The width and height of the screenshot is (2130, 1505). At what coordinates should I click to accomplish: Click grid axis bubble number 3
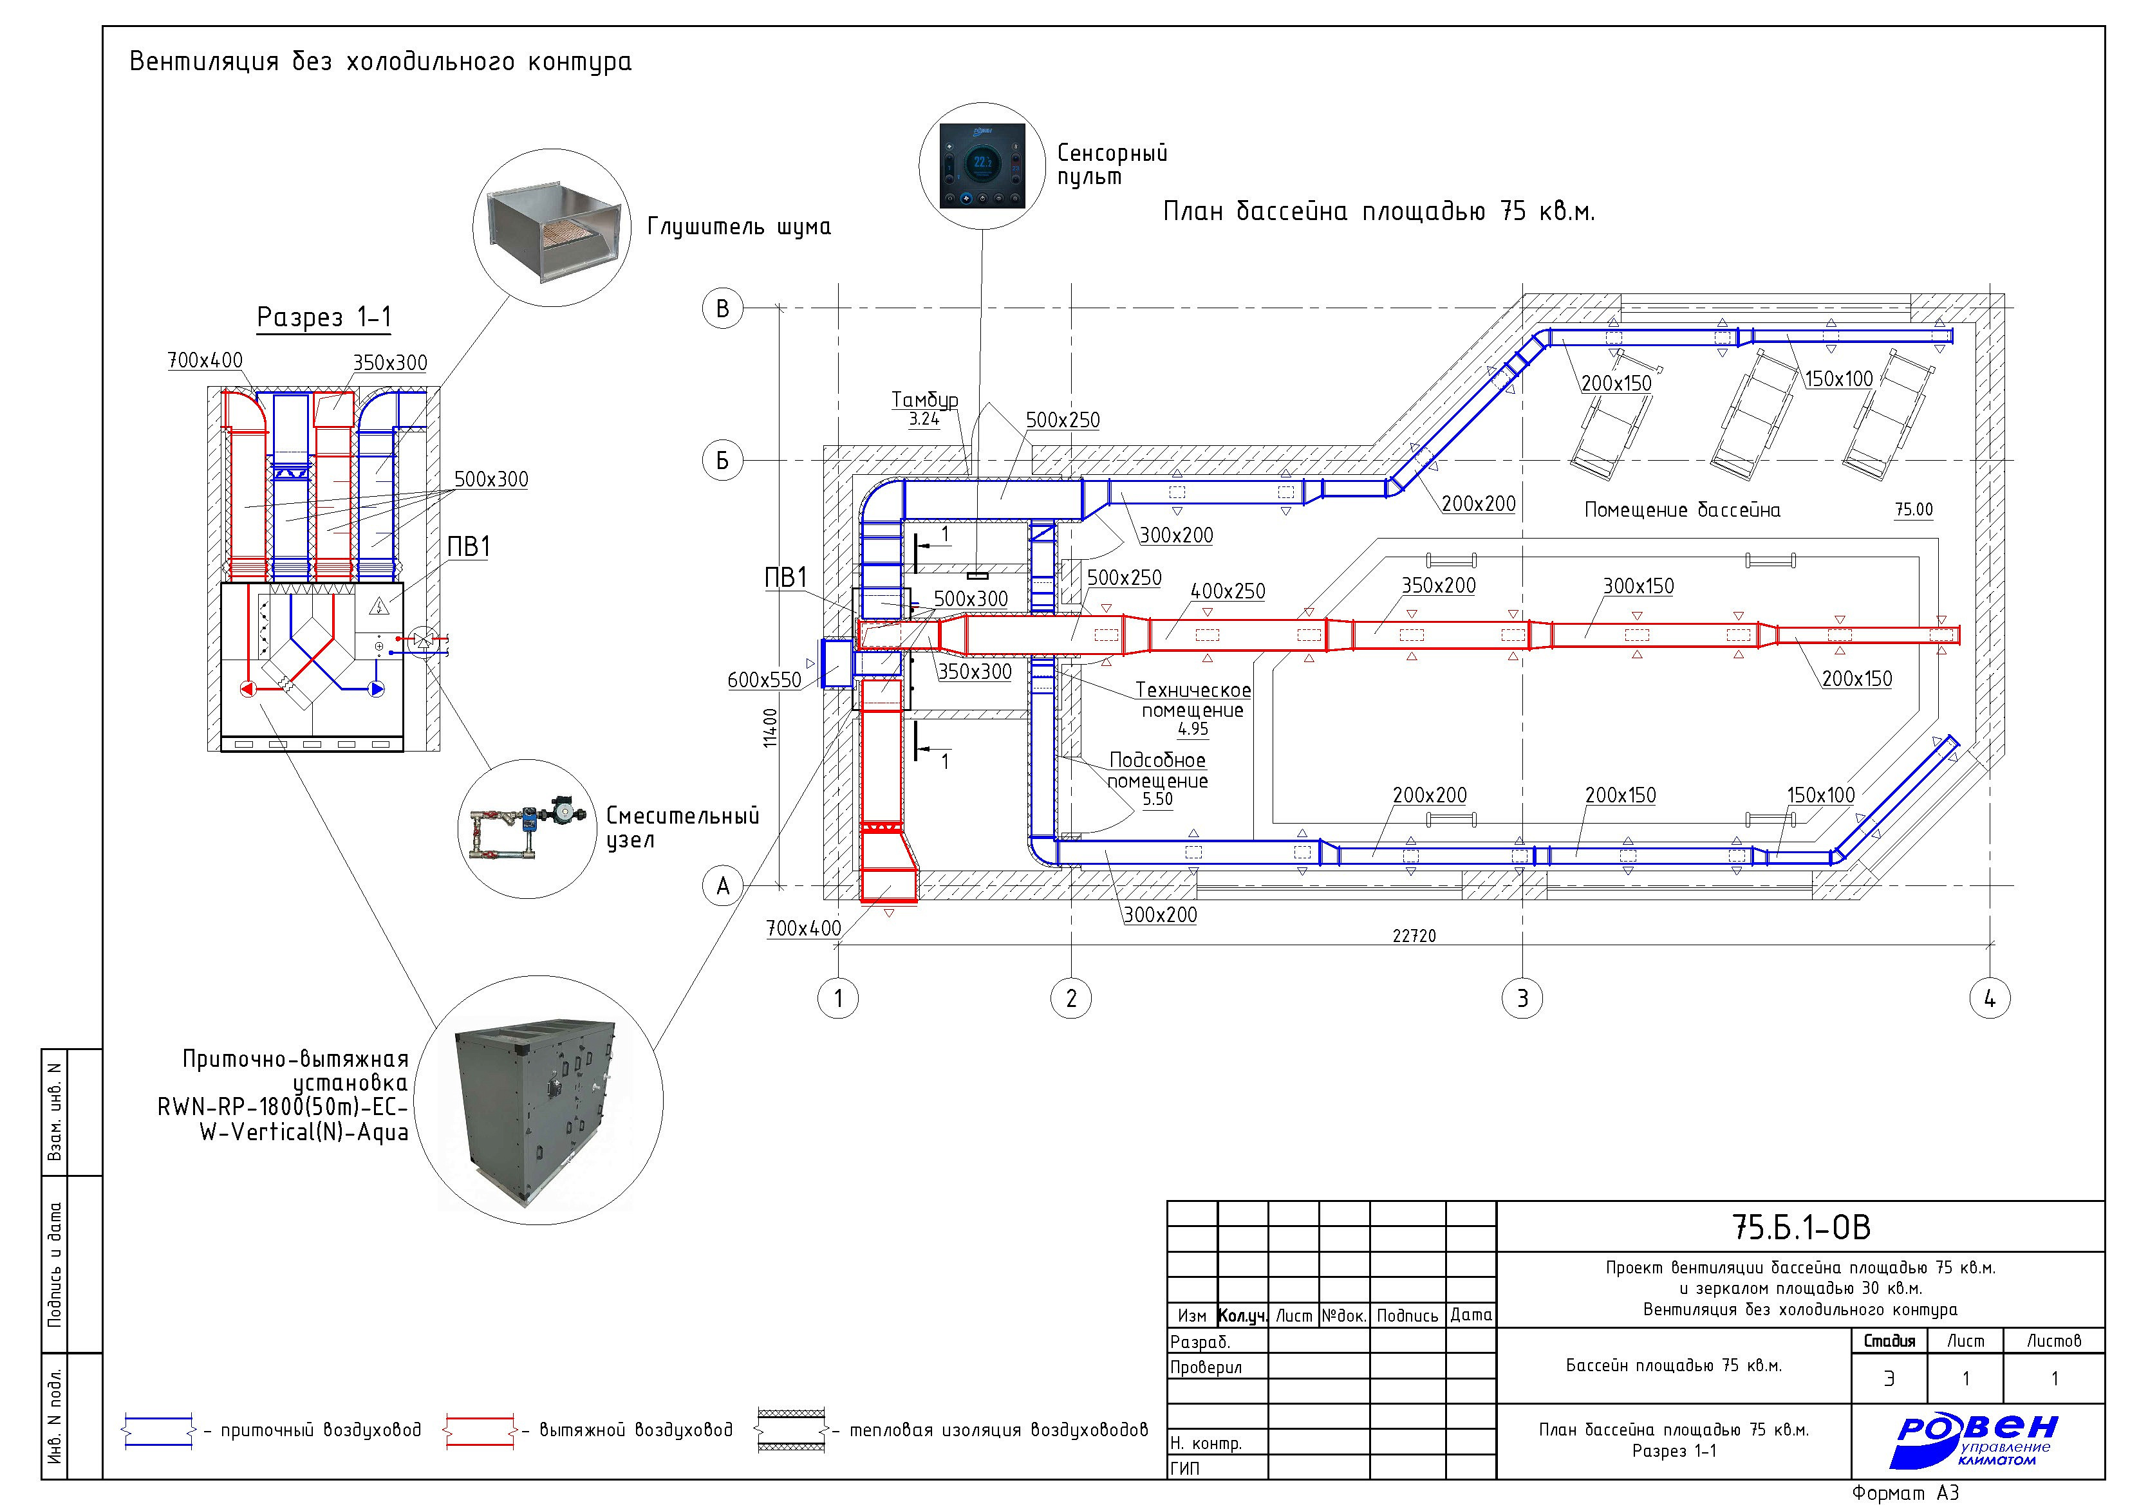[1522, 999]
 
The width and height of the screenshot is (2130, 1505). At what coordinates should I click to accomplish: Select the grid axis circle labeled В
[723, 309]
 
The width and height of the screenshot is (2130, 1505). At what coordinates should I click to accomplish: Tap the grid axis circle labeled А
[723, 887]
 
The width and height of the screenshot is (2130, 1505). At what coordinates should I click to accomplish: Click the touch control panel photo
[982, 166]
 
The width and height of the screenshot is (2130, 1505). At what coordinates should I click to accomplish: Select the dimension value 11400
[770, 728]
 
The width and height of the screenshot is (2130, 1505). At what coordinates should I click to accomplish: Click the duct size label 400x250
[1228, 591]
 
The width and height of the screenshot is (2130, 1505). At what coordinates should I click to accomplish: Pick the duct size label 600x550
[765, 679]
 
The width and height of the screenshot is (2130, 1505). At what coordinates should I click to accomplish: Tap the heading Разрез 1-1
[324, 317]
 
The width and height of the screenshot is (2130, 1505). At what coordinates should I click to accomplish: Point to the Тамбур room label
[925, 400]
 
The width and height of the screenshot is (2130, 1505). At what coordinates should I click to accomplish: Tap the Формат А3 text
[1905, 1492]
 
